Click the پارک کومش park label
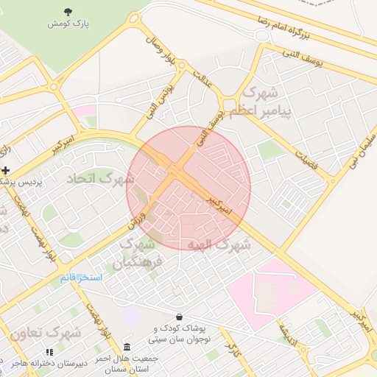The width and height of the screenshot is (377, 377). point(68,24)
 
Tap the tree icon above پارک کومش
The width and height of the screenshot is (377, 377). point(68,10)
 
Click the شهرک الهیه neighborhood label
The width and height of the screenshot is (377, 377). point(219,243)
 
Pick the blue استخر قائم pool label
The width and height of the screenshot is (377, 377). point(80,278)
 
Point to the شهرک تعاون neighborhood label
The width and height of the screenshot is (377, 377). point(46,333)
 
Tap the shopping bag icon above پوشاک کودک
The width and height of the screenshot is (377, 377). point(178,316)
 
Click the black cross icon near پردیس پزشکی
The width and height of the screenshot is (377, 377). point(5,170)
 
